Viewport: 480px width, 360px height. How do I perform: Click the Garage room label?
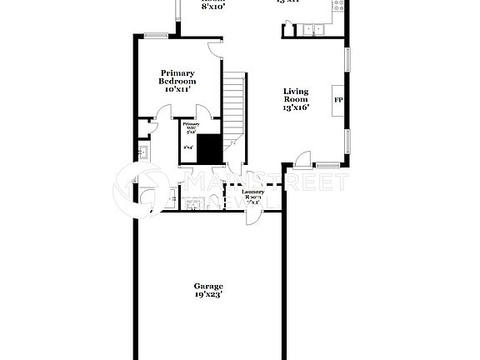tap(208, 286)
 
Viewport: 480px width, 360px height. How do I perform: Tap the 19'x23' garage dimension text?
tap(208, 294)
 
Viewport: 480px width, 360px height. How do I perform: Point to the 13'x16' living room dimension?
tap(296, 107)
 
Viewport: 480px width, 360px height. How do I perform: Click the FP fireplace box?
tap(339, 100)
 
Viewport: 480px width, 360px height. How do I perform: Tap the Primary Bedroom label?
tap(178, 77)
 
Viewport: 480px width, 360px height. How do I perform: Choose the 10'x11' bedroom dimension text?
tap(178, 88)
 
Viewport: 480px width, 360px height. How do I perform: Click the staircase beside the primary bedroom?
tap(235, 104)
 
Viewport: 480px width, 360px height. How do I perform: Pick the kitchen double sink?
tap(315, 30)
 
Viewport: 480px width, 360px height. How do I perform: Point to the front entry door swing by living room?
tap(302, 157)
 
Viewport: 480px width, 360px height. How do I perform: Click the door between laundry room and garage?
tap(251, 215)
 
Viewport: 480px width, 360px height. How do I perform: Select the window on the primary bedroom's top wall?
tap(156, 35)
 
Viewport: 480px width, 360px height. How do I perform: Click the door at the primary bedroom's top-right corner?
tap(216, 49)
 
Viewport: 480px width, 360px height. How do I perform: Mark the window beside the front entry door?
tap(327, 164)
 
